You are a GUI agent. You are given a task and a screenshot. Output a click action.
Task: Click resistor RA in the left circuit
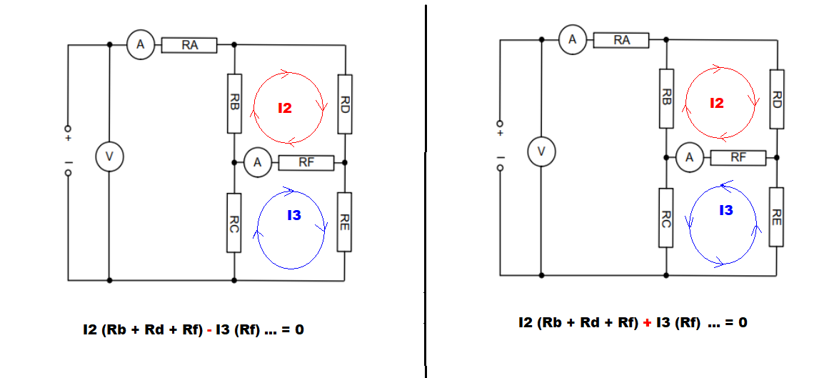[189, 45]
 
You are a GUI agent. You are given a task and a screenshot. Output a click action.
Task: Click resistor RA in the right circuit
[621, 40]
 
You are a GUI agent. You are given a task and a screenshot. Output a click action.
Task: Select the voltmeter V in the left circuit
[110, 157]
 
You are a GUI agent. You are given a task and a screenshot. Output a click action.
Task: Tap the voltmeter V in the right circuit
[541, 152]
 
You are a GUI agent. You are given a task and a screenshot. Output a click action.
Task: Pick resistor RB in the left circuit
[234, 104]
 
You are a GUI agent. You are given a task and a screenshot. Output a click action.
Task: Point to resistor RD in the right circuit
[777, 99]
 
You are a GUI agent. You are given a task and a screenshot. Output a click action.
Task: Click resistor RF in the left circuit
[306, 164]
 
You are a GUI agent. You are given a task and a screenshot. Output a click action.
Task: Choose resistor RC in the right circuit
[665, 218]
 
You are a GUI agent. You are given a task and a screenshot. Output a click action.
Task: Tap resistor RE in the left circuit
[345, 222]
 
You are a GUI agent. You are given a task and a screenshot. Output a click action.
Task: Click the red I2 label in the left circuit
[285, 109]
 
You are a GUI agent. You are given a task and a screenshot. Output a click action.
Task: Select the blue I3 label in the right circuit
[725, 211]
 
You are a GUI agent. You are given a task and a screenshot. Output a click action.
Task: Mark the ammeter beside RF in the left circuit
[258, 163]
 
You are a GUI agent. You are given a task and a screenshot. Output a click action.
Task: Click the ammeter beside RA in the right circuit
[573, 39]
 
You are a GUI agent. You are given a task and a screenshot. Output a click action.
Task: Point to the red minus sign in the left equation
[210, 331]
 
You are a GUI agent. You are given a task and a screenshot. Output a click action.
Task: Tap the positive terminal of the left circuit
[69, 129]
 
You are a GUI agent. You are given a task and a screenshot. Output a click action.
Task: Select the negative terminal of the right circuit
[501, 168]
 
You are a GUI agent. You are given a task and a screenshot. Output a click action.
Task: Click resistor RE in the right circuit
[777, 217]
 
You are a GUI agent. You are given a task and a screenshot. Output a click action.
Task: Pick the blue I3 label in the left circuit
[293, 216]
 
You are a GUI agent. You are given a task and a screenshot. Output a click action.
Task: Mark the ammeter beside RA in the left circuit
[141, 44]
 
